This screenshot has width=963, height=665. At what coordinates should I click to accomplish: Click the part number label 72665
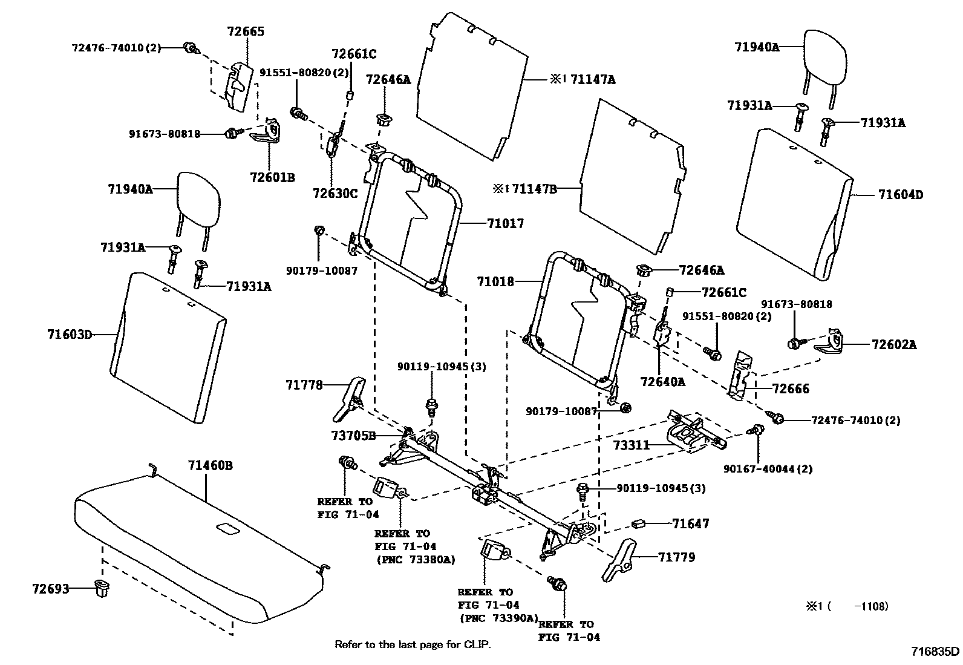246,31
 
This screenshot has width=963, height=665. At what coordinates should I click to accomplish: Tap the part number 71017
505,223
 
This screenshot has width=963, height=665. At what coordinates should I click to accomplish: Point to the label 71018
495,281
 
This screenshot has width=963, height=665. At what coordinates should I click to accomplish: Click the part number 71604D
901,195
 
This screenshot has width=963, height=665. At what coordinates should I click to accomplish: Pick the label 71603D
70,333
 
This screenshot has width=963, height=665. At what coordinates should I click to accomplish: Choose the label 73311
631,445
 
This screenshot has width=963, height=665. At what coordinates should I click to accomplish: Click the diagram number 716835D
936,652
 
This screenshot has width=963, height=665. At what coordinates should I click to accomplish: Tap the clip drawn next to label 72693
102,588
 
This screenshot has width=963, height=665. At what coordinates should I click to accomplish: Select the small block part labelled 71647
640,523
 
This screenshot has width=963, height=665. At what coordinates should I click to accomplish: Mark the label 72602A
894,345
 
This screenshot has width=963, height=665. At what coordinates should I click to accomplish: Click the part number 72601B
272,177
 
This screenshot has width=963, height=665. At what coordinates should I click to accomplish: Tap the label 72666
791,388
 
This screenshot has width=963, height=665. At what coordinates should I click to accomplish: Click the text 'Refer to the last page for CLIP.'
413,644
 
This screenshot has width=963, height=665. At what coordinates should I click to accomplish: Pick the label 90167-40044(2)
768,468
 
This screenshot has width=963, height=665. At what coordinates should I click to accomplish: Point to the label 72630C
335,193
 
